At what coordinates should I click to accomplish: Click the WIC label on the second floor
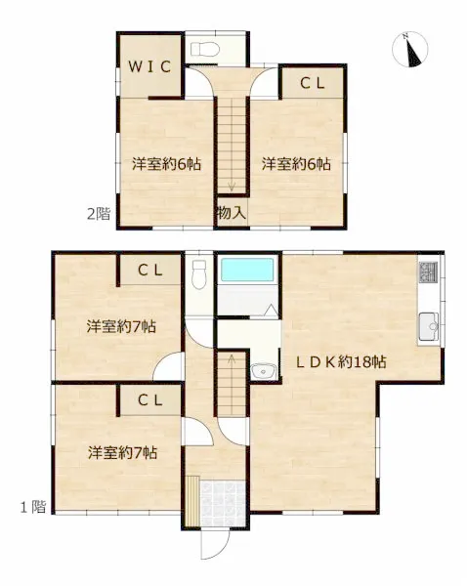[x=149, y=66]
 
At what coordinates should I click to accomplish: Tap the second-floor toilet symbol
[x=205, y=49]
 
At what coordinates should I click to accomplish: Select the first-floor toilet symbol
[x=199, y=274]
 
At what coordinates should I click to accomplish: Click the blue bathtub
[x=247, y=270]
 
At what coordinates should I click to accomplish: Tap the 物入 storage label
[x=232, y=213]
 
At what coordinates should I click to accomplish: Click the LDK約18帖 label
[x=341, y=361]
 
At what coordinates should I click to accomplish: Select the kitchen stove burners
[x=429, y=272]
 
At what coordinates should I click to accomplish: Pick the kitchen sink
[x=429, y=326]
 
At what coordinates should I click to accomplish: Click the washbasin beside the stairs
[x=264, y=371]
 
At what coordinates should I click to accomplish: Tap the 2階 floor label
[x=99, y=214]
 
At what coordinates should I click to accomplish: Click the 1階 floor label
[x=33, y=507]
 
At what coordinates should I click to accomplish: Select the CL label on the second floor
[x=313, y=83]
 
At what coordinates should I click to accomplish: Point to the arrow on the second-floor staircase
[x=232, y=186]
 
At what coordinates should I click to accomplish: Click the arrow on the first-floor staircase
[x=232, y=360]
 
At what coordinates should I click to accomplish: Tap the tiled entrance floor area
[x=223, y=503]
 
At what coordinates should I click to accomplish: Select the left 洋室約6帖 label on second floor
[x=166, y=164]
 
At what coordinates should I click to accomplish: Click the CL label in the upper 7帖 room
[x=150, y=271]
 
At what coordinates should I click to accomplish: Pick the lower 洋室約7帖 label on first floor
[x=123, y=453]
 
